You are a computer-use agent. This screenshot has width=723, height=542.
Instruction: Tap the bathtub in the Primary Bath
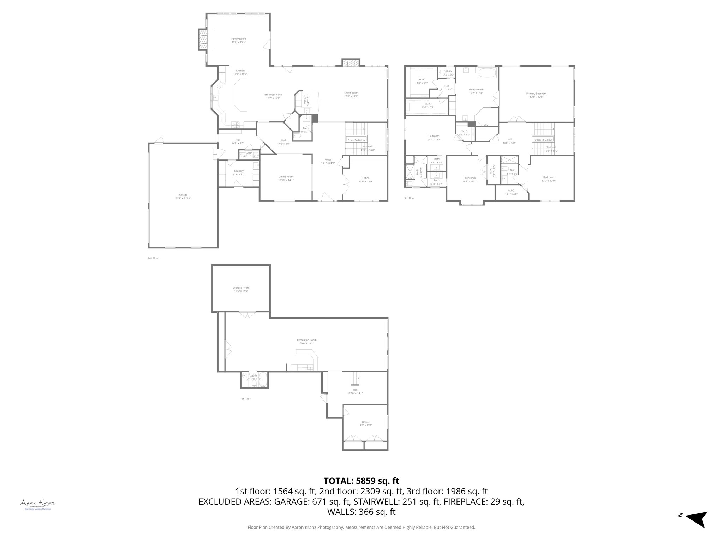(x=487, y=74)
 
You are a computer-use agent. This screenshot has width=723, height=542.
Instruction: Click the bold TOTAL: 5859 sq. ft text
(x=361, y=481)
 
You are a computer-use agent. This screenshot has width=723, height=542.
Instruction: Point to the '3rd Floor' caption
(x=410, y=198)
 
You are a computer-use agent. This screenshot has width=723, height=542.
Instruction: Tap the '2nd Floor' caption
(x=153, y=258)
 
